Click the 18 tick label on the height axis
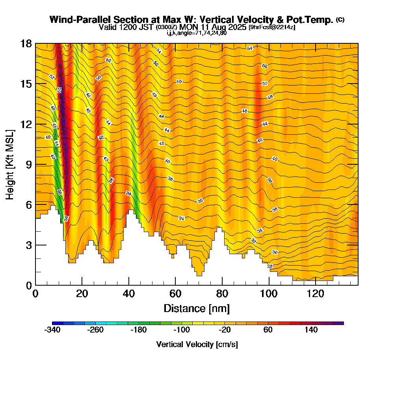pos(26,43)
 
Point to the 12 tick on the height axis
pos(35,124)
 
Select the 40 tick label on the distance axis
pos(129,294)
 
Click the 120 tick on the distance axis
pos(316,285)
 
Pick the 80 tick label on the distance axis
pos(222,294)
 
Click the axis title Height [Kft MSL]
pos(10,164)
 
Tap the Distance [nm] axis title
pos(197,308)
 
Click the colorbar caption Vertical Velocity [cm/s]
pos(197,344)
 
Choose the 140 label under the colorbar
pos(311,330)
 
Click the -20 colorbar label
pos(225,330)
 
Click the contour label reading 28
pos(270,266)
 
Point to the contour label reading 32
pos(254,240)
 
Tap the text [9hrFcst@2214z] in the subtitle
pos(272,27)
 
